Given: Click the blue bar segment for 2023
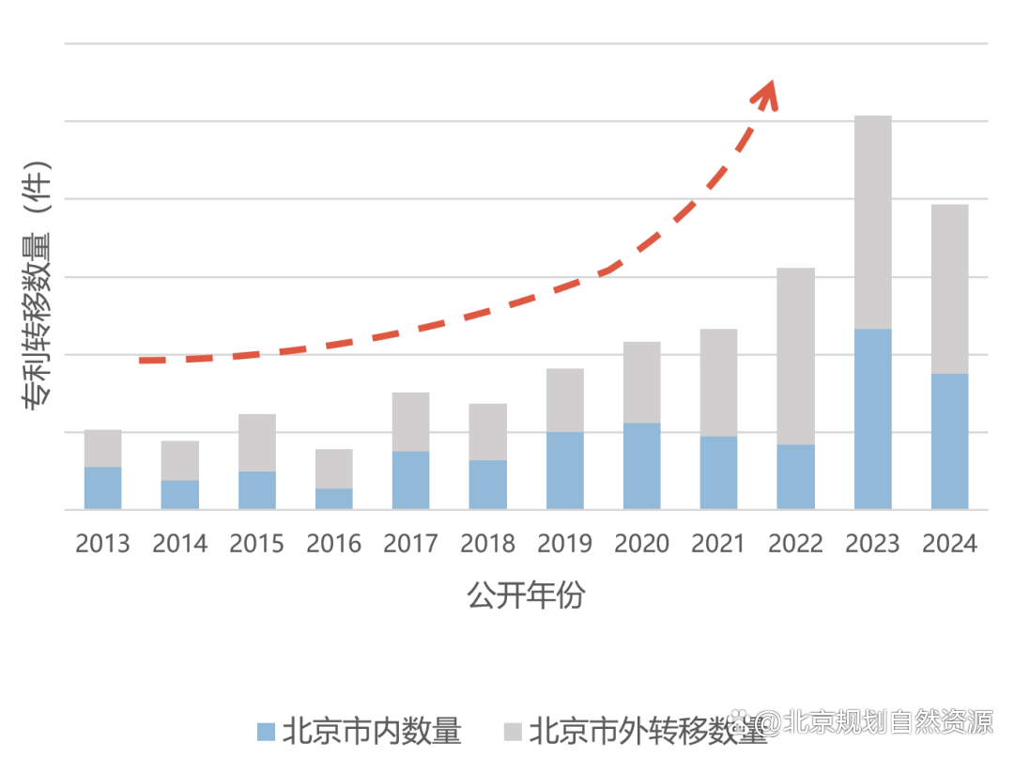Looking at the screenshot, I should point(872,419).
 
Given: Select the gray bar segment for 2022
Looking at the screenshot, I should point(795,356).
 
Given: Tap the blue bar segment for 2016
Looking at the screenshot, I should point(334,499).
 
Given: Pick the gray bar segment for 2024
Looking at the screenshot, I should point(949,289).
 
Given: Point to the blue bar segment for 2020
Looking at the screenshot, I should point(641,466).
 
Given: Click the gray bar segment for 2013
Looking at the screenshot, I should point(102,448).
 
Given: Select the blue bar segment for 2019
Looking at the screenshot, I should point(564,471).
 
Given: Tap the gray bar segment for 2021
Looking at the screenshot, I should point(718,382).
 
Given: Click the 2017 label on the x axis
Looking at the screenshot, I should point(411,544).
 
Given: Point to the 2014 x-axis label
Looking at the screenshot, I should point(179,544).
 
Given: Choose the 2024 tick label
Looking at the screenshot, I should point(949,544).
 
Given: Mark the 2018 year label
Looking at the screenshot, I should point(488,544).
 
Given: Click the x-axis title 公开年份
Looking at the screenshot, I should point(526,596).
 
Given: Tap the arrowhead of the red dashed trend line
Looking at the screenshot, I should point(769,92).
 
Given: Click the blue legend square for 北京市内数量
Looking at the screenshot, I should point(266,731).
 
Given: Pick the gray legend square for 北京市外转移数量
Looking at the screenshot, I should point(513,731).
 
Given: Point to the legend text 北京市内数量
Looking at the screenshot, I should point(372,731).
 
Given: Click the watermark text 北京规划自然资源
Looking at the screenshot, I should point(887,721).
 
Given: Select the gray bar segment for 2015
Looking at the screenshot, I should point(257,442).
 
